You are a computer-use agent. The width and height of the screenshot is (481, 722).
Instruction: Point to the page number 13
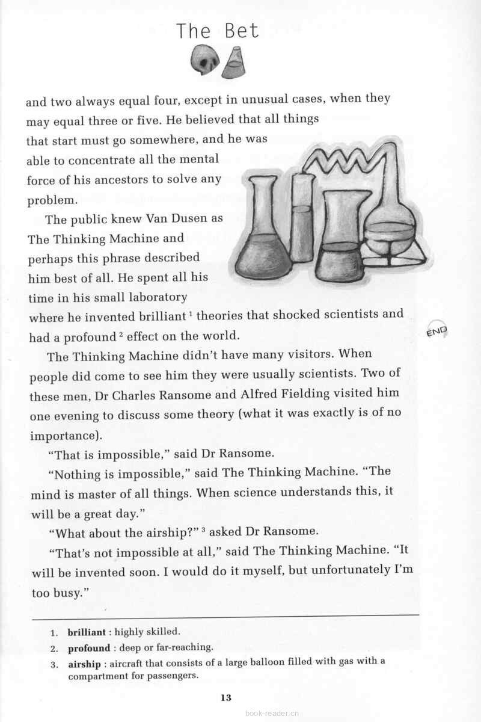[x=225, y=698]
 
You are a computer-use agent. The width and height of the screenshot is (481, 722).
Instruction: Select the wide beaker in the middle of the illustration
[x=343, y=238]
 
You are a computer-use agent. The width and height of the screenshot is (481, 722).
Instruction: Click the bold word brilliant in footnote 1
[x=87, y=632]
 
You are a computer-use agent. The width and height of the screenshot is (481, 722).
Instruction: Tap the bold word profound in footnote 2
[x=88, y=648]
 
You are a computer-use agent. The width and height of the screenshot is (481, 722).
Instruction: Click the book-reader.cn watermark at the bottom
[x=272, y=714]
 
